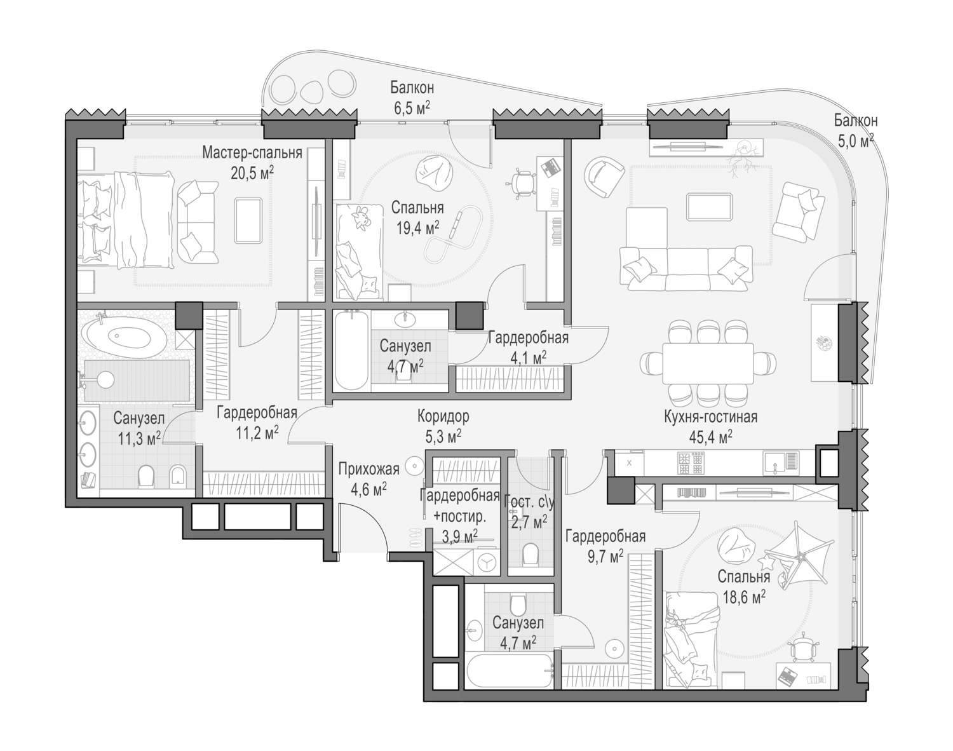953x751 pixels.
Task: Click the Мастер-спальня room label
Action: pyautogui.click(x=252, y=153)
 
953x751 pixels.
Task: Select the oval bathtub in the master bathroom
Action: pyautogui.click(x=126, y=335)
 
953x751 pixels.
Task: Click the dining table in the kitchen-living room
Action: pyautogui.click(x=708, y=363)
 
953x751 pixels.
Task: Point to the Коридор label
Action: pyautogui.click(x=443, y=416)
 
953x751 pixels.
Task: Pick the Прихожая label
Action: pyautogui.click(x=368, y=468)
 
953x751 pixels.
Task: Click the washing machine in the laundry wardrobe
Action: pyautogui.click(x=487, y=562)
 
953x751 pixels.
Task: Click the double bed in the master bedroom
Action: pyautogui.click(x=125, y=220)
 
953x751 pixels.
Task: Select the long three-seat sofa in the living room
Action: pyautogui.click(x=686, y=268)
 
